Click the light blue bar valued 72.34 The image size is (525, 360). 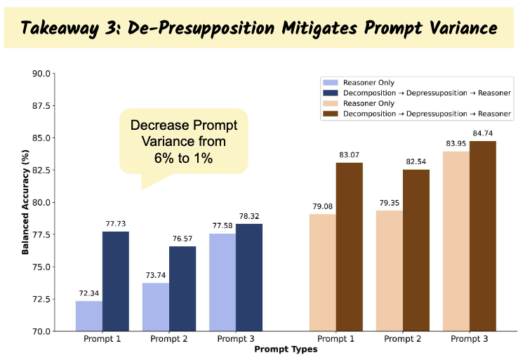pos(88,316)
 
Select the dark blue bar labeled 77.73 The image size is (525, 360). pos(115,281)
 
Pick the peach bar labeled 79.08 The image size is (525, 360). pos(322,272)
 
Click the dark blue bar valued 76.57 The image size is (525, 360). pos(182,288)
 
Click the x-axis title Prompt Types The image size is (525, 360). pos(286,349)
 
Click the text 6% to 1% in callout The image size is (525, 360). pos(184,159)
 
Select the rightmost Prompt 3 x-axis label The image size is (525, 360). pos(469,339)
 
